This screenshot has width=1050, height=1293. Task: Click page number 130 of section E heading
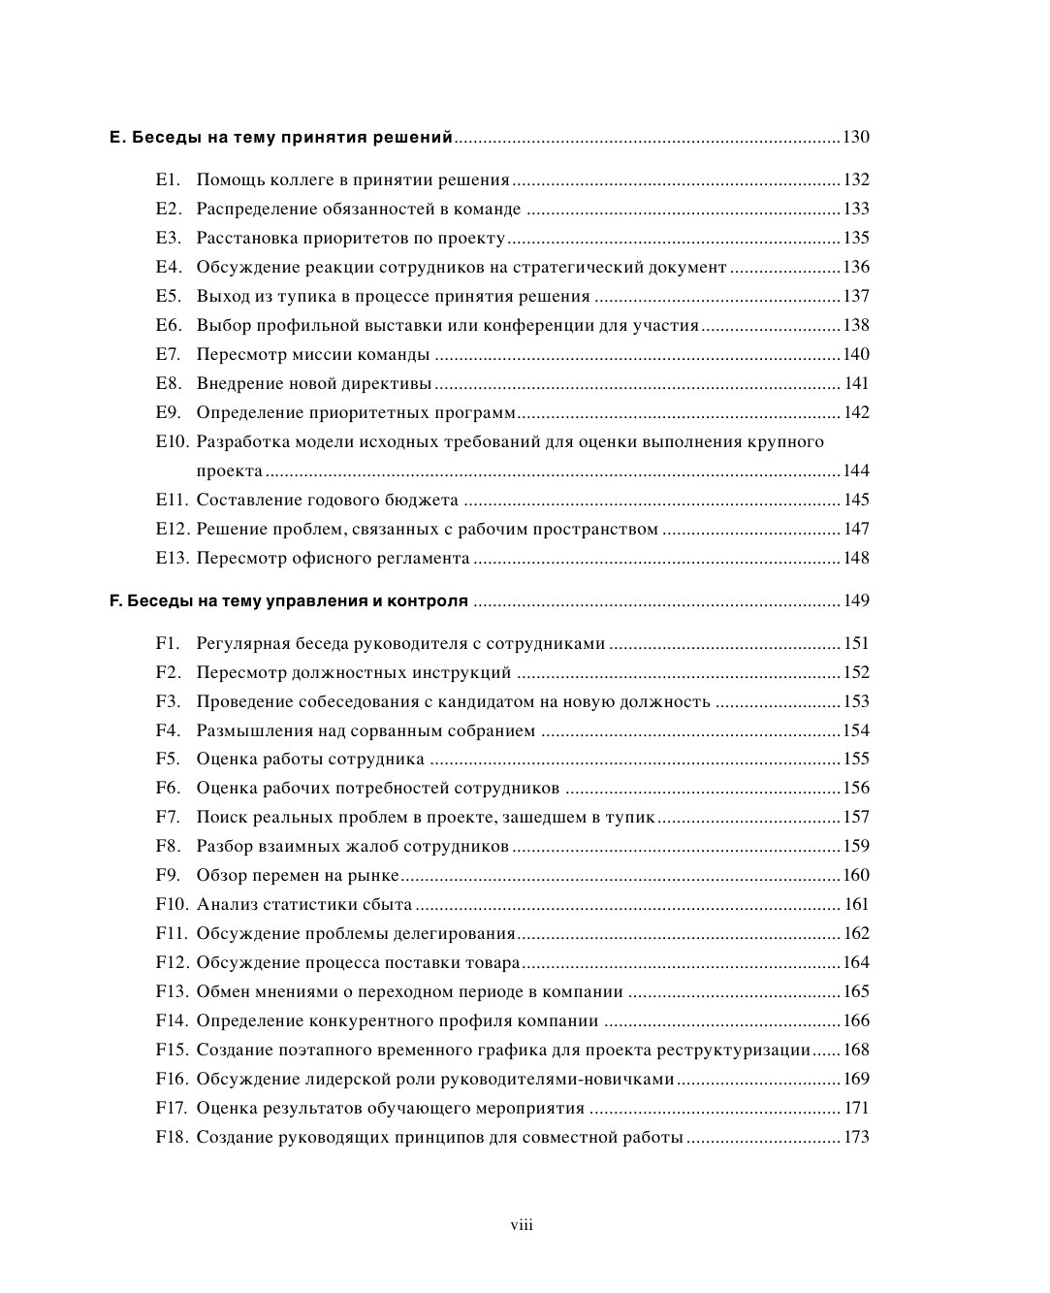855,137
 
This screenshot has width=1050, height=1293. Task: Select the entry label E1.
168,179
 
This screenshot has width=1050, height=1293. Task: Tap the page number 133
855,209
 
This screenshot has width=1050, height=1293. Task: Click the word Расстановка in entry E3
243,238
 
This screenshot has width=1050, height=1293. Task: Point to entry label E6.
168,325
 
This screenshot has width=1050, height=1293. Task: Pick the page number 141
857,383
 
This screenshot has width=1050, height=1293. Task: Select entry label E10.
172,441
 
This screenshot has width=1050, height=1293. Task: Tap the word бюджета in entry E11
424,500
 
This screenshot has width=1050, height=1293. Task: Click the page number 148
855,558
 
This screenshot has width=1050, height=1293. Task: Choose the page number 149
855,600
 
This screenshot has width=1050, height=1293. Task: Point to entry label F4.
168,730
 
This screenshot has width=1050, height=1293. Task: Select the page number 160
855,875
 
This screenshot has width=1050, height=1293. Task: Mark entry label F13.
172,991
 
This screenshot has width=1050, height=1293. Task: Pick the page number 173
857,1137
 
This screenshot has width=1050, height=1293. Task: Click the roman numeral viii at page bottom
522,1225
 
